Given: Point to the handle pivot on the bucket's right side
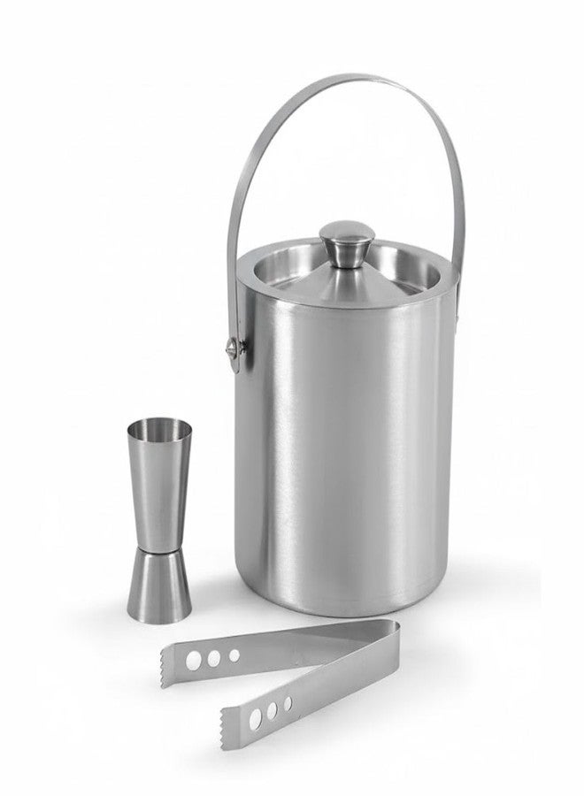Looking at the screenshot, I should pos(457,311).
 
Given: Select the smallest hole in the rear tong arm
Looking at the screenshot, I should pos(234,654).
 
